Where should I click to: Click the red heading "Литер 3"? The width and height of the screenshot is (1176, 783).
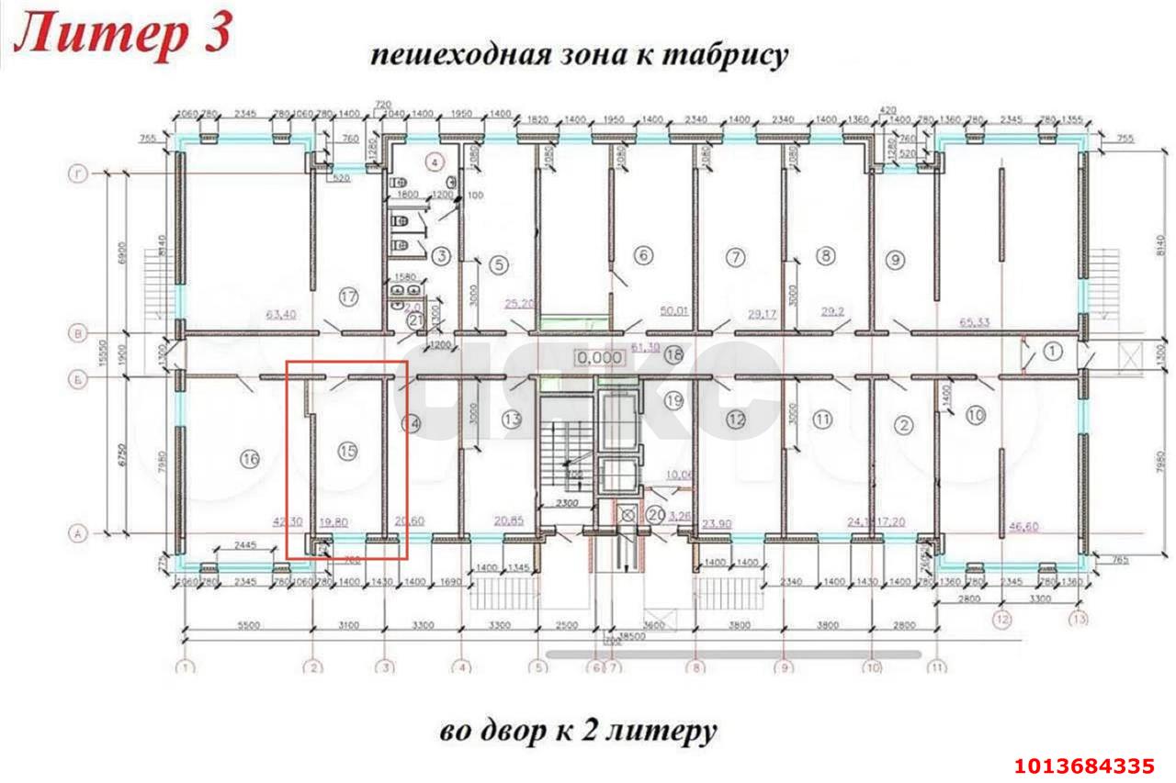click(124, 37)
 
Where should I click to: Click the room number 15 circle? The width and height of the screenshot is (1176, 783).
click(346, 451)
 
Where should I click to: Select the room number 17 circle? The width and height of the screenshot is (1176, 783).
click(347, 296)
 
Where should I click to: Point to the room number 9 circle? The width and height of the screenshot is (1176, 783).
click(895, 260)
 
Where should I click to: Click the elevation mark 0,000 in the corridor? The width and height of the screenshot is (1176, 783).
click(594, 355)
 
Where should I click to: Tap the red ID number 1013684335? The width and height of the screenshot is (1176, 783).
click(1083, 766)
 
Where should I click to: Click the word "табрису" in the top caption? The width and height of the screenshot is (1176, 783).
click(738, 54)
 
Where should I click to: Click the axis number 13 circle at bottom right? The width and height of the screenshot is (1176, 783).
click(1079, 620)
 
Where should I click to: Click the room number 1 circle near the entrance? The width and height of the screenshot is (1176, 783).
click(1053, 349)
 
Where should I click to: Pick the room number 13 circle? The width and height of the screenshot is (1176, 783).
click(512, 419)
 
